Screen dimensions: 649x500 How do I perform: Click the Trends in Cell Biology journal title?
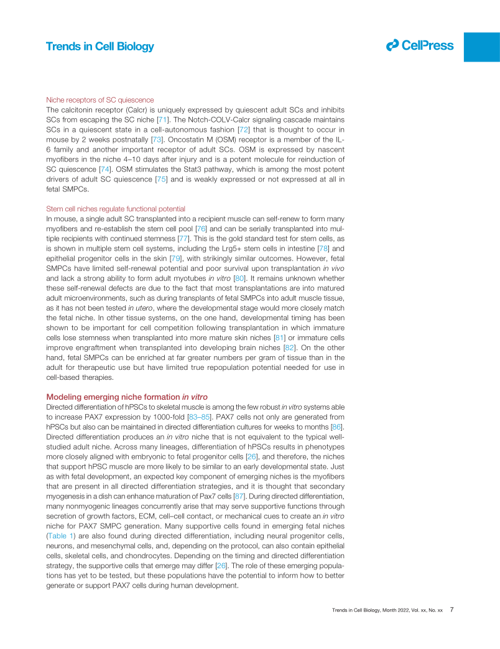tap(100, 47)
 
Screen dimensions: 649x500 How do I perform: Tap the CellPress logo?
tap(420, 45)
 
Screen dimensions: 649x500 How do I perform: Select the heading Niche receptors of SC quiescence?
tap(100, 99)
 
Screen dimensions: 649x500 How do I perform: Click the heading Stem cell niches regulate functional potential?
tap(116, 209)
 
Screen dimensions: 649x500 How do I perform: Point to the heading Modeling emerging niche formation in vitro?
tap(127, 397)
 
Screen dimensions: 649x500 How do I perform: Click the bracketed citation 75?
tap(161, 179)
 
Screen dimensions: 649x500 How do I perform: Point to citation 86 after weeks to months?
tap(336, 426)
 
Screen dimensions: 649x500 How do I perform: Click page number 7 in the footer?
tap(452, 610)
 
